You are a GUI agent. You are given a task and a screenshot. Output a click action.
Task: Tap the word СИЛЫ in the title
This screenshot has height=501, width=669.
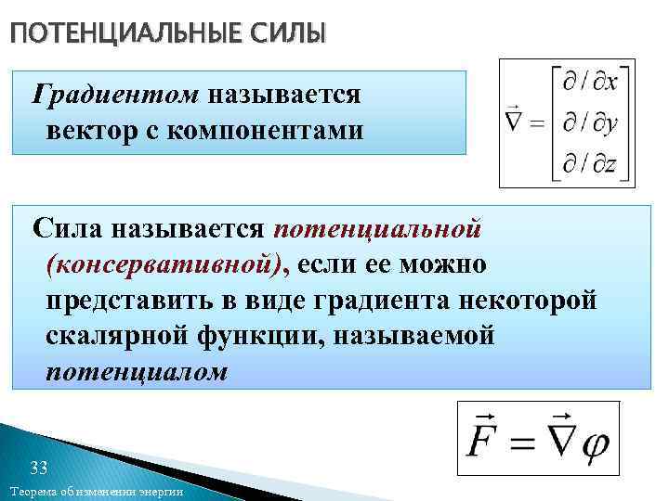click(x=287, y=34)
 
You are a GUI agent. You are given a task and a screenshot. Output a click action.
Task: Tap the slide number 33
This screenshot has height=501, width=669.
click(x=39, y=467)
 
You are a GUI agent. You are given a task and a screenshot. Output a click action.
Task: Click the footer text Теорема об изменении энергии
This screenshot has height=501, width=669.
click(x=96, y=491)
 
